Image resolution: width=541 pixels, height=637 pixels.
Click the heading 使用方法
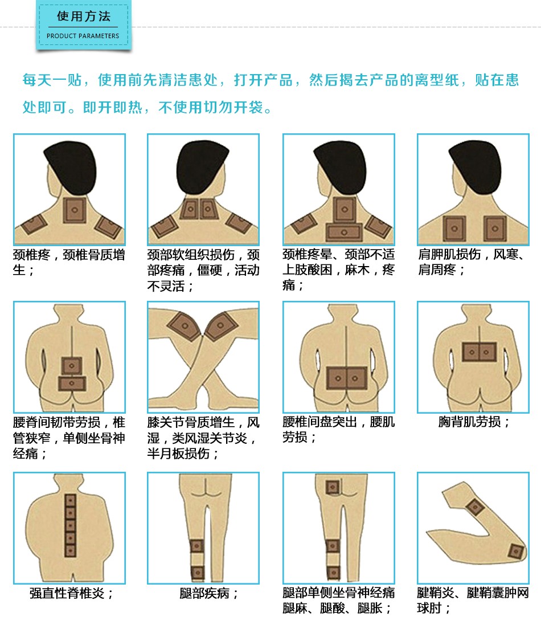click(x=84, y=17)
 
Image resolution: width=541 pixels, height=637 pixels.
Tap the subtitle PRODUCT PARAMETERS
click(x=83, y=36)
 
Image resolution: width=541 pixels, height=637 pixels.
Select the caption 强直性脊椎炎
click(x=71, y=593)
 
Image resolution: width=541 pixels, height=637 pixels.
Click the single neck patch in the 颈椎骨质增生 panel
click(x=75, y=210)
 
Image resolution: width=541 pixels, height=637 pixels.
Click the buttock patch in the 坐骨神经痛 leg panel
click(x=332, y=487)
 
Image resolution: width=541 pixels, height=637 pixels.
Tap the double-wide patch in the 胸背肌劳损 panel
click(x=479, y=352)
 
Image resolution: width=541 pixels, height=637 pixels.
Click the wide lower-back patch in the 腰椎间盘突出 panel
click(x=347, y=378)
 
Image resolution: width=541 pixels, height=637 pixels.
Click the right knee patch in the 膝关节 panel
click(x=221, y=326)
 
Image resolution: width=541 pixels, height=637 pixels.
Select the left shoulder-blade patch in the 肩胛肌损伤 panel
click(x=454, y=228)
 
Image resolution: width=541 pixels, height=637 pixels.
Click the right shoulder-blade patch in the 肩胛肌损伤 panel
click(x=495, y=228)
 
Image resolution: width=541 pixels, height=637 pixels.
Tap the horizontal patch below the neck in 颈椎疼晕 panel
click(x=344, y=232)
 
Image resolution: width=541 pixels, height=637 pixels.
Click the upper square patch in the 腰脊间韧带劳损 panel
click(x=72, y=366)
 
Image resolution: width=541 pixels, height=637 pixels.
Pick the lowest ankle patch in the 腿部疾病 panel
click(x=198, y=573)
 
